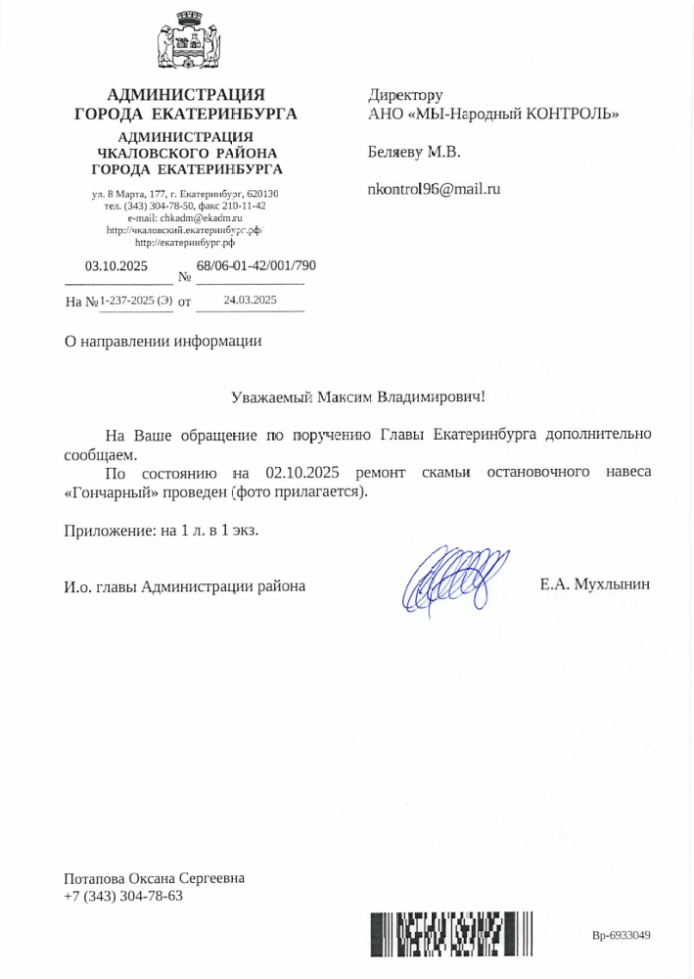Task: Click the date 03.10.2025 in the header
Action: [x=116, y=266]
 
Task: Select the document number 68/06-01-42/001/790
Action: [x=255, y=265]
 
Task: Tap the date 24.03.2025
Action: [x=251, y=301]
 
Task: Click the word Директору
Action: [x=405, y=95]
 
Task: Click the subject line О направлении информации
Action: [x=163, y=341]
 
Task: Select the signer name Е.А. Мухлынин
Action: [x=594, y=585]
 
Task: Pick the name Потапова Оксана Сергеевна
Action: [x=154, y=878]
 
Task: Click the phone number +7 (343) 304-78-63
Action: [x=123, y=896]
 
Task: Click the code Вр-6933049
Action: [x=622, y=935]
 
